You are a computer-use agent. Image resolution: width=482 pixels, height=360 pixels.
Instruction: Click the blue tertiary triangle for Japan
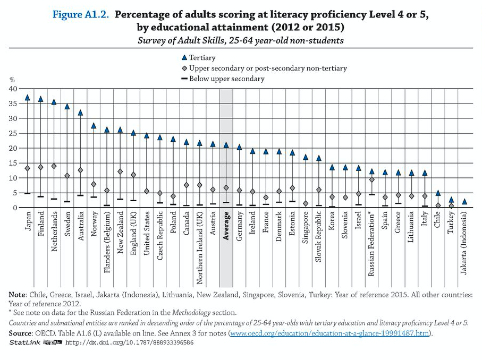(x=28, y=98)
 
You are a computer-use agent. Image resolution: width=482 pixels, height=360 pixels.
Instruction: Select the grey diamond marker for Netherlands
(x=54, y=166)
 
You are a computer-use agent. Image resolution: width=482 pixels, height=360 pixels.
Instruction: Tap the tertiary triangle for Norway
(x=93, y=126)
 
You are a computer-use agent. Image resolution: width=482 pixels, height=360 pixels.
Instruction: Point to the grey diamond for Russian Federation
(x=372, y=179)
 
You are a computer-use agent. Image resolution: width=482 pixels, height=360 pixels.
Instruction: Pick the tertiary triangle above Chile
(x=438, y=193)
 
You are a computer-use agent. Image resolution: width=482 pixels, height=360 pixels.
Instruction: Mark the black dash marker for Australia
(x=80, y=195)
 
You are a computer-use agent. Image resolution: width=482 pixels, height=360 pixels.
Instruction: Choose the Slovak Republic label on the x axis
(x=319, y=234)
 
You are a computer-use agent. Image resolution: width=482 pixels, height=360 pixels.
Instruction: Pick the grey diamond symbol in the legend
(x=184, y=68)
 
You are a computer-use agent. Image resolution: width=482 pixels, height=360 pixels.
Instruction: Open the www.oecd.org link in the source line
(x=329, y=333)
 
